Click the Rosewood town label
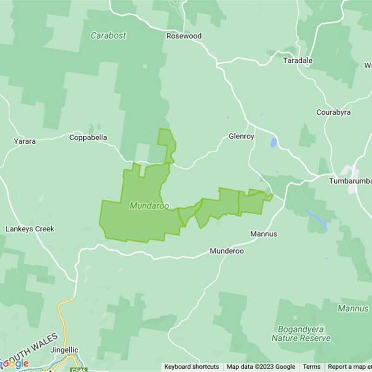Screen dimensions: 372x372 pyautogui.click(x=184, y=36)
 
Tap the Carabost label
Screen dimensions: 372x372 pyautogui.click(x=108, y=35)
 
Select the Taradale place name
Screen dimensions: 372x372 pyautogui.click(x=298, y=61)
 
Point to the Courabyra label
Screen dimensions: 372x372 pyautogui.click(x=333, y=113)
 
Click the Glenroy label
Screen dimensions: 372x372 pyautogui.click(x=241, y=137)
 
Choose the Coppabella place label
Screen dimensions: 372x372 pyautogui.click(x=88, y=138)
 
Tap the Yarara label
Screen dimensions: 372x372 pyautogui.click(x=25, y=141)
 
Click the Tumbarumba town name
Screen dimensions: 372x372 pyautogui.click(x=350, y=181)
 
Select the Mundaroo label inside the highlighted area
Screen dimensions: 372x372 pyautogui.click(x=149, y=206)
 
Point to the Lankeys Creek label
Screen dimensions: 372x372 pyautogui.click(x=30, y=229)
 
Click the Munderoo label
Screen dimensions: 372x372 pyautogui.click(x=226, y=251)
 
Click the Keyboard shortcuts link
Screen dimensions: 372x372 pyautogui.click(x=192, y=367)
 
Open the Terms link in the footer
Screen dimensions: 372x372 pyautogui.click(x=312, y=367)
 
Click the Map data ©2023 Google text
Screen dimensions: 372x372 pyautogui.click(x=261, y=367)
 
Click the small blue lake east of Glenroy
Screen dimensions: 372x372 pyautogui.click(x=273, y=142)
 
